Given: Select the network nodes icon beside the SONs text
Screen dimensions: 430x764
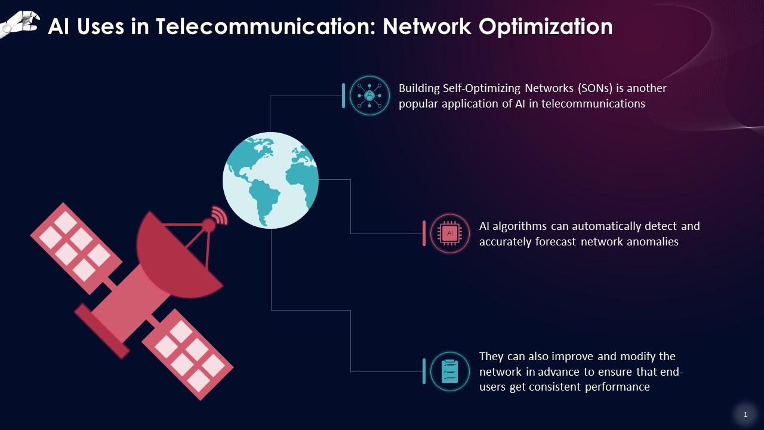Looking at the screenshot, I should pyautogui.click(x=369, y=96).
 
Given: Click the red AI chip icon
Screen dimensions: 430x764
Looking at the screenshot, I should pyautogui.click(x=450, y=234).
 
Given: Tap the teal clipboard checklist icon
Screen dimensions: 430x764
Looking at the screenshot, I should pyautogui.click(x=449, y=371).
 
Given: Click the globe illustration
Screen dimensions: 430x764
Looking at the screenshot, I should pyautogui.click(x=270, y=180).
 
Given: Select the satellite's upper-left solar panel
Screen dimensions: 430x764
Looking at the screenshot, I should pyautogui.click(x=75, y=247).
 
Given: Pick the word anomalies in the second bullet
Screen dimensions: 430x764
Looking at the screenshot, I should pyautogui.click(x=651, y=242).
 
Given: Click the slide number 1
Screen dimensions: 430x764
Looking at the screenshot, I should pyautogui.click(x=745, y=414).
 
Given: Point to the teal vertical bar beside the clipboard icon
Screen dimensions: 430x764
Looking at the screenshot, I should pyautogui.click(x=424, y=371).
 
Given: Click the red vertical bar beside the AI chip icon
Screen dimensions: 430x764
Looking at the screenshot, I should pyautogui.click(x=424, y=234).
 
